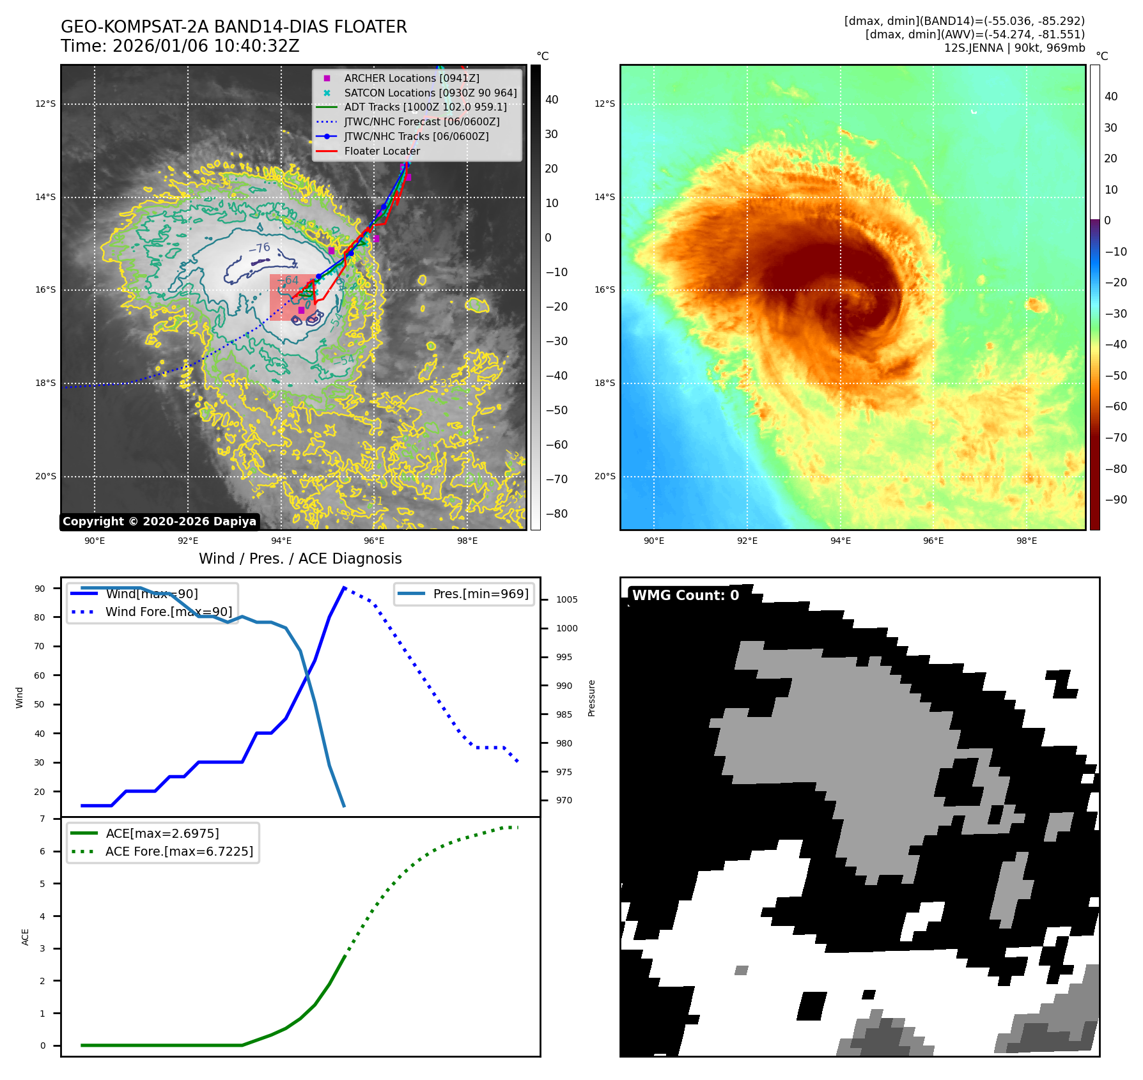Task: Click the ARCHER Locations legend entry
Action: point(411,78)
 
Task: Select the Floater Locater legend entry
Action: point(382,151)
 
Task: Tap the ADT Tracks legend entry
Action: point(425,107)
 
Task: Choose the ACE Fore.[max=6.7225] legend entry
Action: point(179,851)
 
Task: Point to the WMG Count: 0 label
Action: point(685,596)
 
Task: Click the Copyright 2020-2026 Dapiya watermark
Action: point(159,521)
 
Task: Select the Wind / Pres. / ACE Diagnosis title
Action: point(300,559)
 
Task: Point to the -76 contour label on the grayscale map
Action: point(259,248)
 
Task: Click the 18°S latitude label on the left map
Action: point(45,383)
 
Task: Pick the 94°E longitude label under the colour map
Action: point(840,541)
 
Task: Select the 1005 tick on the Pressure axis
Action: point(566,599)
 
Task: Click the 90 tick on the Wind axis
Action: point(40,589)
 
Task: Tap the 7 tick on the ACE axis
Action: point(43,819)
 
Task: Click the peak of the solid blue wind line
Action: point(344,587)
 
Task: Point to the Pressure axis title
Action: point(591,698)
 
